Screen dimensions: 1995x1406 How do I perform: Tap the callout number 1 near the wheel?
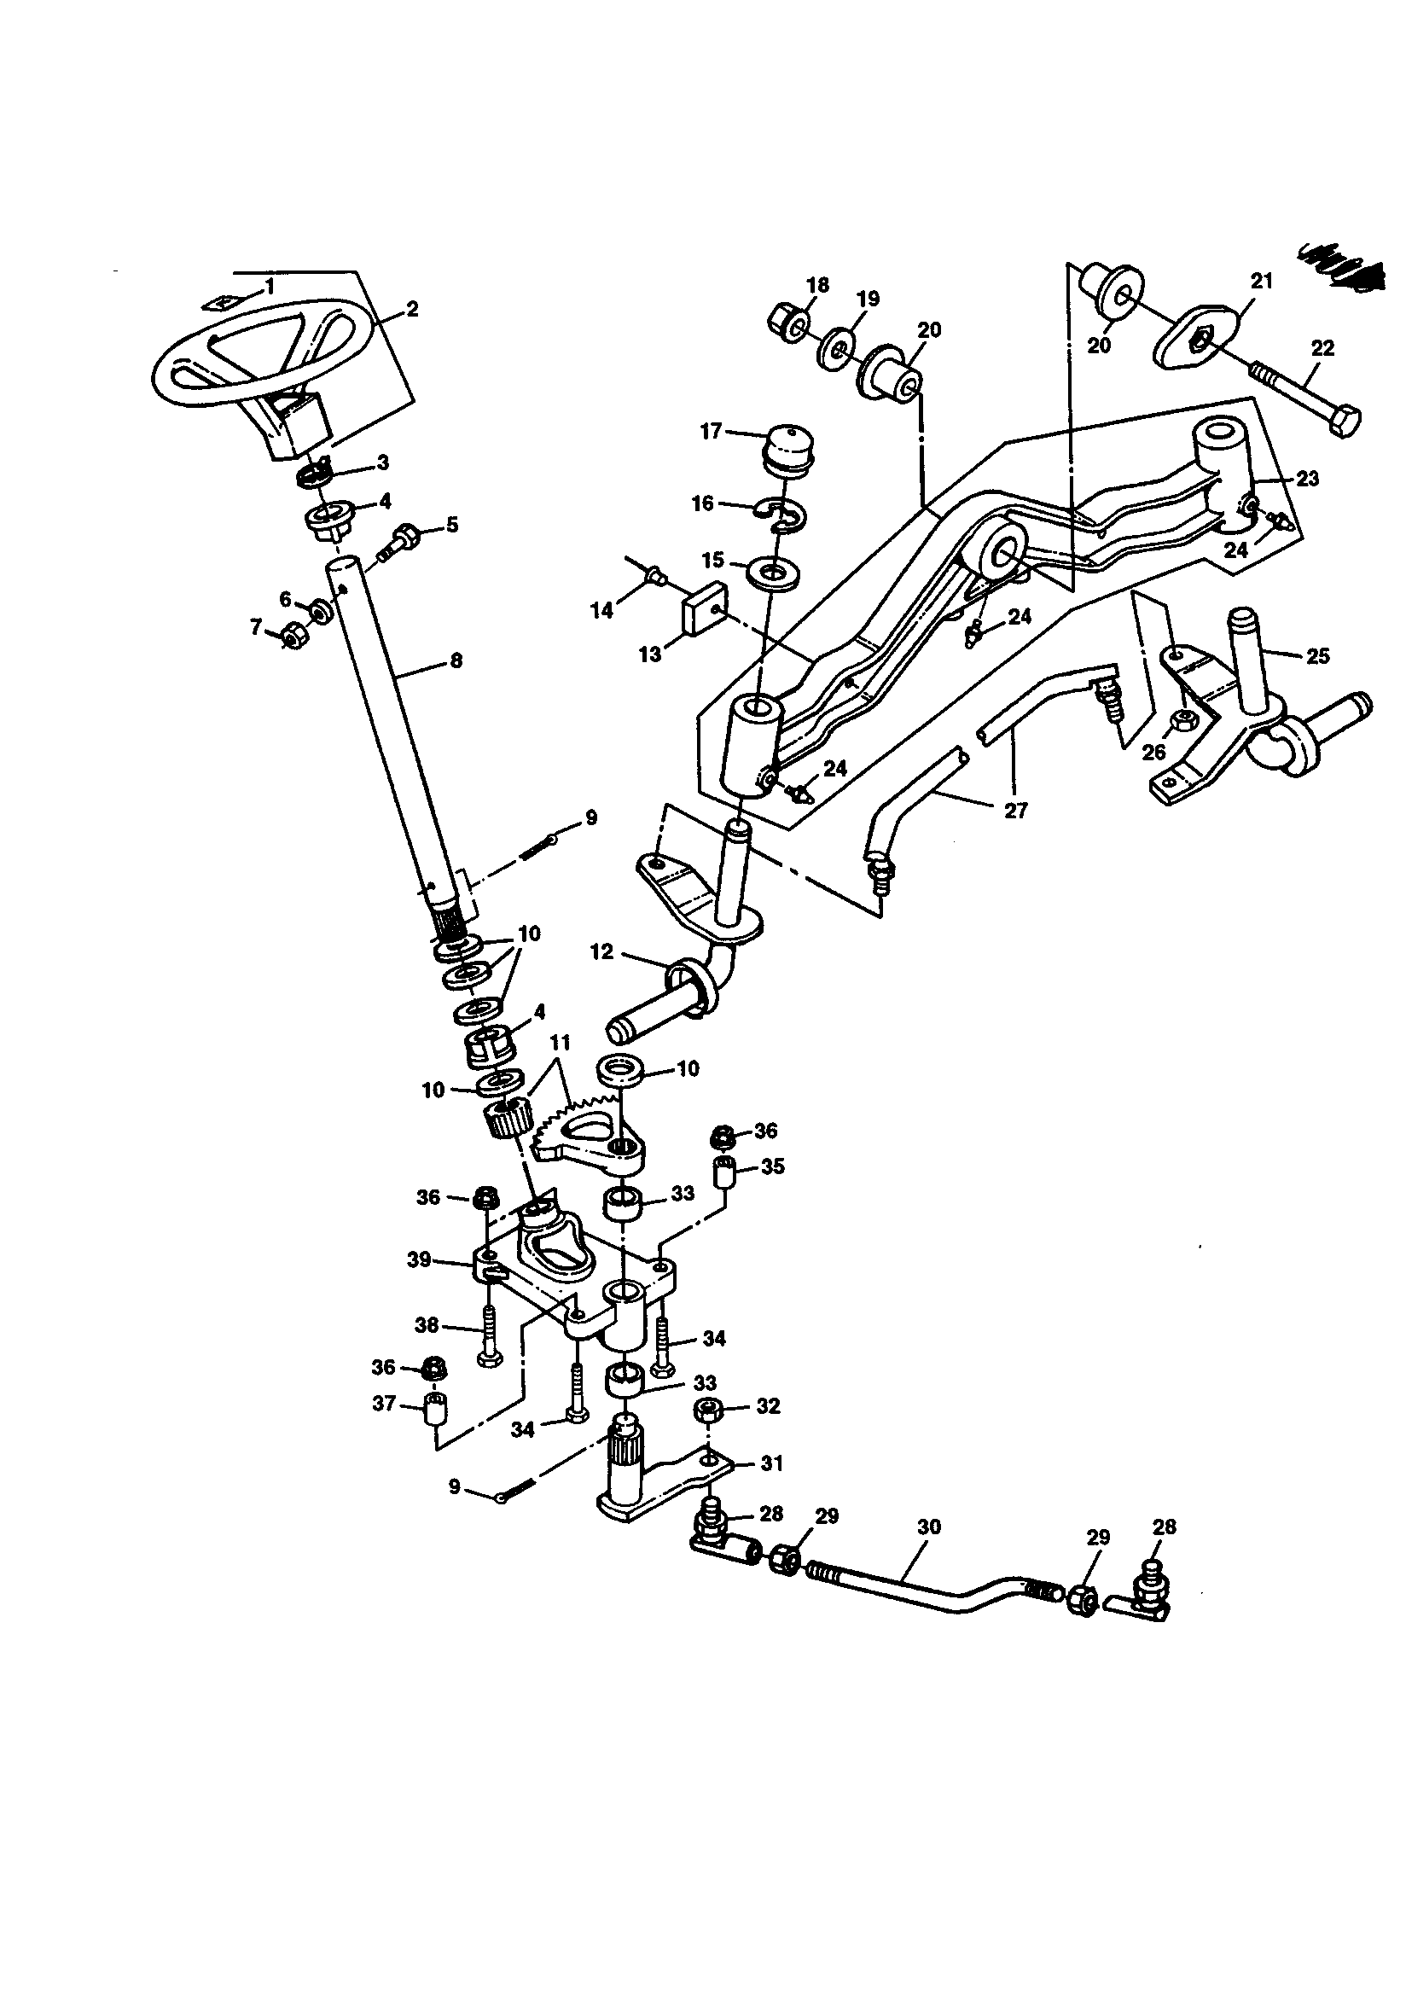coord(270,286)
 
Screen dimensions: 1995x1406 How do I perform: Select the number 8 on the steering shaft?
coord(457,660)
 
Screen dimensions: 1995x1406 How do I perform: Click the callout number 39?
coord(419,1260)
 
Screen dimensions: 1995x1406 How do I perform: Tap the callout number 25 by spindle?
coord(1317,656)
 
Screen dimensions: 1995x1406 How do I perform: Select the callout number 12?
coord(601,951)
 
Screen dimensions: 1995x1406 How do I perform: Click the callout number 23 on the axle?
coord(1307,478)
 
